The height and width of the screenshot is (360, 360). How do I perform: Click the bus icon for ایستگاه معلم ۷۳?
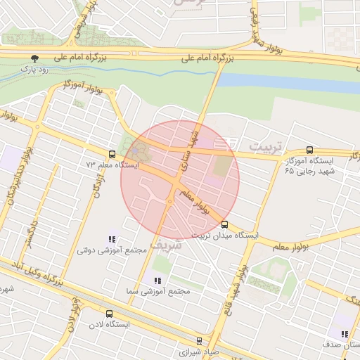[112, 154]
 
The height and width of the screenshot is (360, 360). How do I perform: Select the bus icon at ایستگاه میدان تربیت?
[225, 225]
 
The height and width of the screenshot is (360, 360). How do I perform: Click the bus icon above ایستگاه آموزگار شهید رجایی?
[310, 150]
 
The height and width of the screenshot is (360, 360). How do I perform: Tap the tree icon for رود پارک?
[34, 58]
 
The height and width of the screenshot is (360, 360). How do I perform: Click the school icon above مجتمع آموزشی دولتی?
[112, 240]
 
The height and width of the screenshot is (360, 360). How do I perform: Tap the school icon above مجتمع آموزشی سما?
[157, 280]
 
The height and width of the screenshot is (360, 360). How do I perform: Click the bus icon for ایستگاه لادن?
[108, 314]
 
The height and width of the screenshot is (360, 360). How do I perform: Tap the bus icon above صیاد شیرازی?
[198, 340]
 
